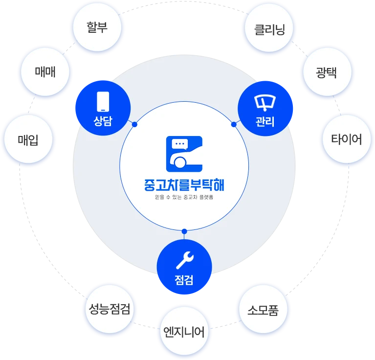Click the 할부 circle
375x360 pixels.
(97, 27)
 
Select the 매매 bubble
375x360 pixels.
(45, 72)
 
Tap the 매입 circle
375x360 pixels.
(28, 139)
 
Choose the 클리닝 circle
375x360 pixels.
(269, 28)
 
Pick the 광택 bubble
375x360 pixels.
(328, 72)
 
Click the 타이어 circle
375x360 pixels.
(347, 139)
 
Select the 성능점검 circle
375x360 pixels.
(110, 309)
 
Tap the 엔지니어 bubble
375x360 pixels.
(184, 331)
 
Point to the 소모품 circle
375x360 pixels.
(263, 309)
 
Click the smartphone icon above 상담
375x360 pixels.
(103, 102)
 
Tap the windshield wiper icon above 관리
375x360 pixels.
(265, 103)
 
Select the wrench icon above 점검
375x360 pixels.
(185, 260)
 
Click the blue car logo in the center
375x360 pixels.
(184, 154)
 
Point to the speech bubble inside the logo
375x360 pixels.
(180, 144)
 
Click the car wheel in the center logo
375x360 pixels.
(180, 162)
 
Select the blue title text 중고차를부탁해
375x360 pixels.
(184, 185)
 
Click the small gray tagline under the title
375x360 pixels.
(184, 197)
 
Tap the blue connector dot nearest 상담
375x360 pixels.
(134, 124)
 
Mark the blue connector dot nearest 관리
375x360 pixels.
(234, 124)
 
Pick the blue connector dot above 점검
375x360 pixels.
(184, 231)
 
